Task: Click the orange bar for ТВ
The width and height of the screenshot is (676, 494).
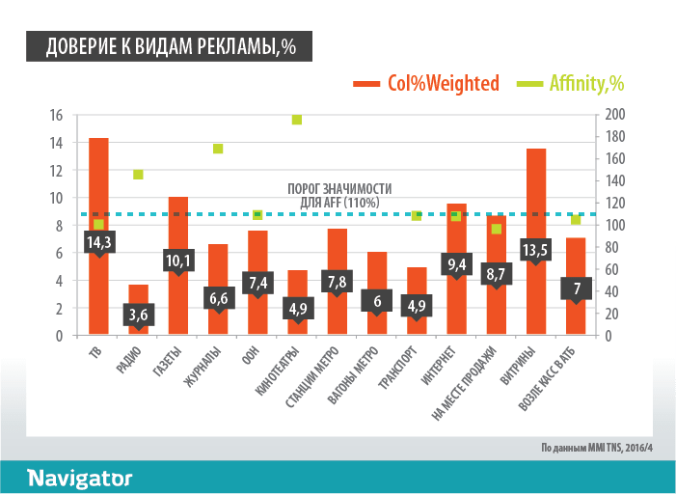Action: [x=98, y=183]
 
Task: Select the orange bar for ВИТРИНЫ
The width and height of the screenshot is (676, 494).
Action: [x=536, y=193]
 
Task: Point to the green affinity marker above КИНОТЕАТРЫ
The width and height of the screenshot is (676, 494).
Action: [x=297, y=120]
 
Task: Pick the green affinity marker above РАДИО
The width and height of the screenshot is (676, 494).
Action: [x=138, y=175]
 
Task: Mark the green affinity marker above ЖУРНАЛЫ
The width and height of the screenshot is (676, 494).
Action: [x=218, y=149]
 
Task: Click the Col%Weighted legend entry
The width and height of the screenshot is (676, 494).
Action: [x=427, y=84]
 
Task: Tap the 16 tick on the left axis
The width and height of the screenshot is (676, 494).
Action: [x=56, y=115]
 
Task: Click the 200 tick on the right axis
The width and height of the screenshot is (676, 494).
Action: [x=615, y=115]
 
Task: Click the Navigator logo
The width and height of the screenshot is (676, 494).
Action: [x=79, y=478]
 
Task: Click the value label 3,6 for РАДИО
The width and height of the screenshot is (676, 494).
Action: [x=139, y=315]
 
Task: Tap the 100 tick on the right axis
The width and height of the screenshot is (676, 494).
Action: [x=615, y=226]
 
